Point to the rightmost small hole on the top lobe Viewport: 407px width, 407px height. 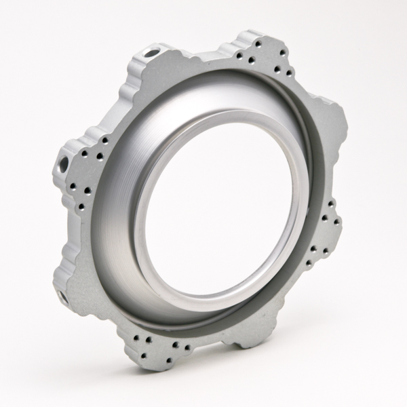[290, 72]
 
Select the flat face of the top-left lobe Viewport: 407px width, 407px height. [153, 75]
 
